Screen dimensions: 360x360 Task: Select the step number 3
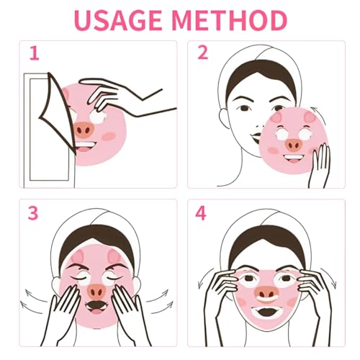(x=33, y=213)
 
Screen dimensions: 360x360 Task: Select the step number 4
(x=202, y=214)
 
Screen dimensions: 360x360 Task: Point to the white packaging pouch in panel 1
(x=47, y=130)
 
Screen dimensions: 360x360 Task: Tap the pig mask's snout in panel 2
(x=294, y=144)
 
